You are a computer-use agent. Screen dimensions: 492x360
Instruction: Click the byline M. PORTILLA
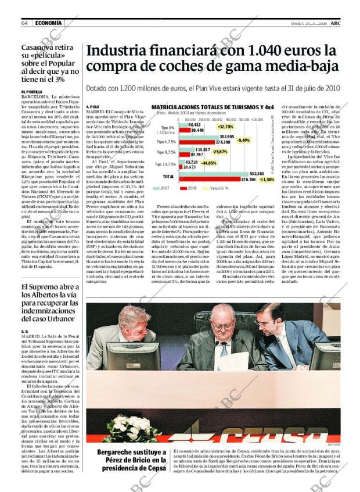click(31, 92)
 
